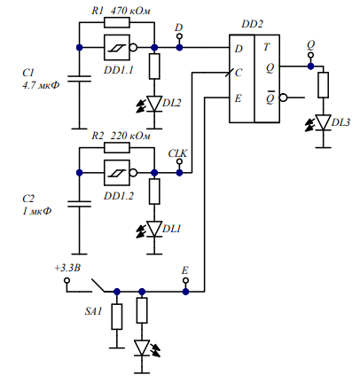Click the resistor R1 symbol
(x=117, y=22)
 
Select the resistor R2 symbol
(x=117, y=147)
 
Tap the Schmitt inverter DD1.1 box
(x=117, y=48)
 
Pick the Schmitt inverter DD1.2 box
(x=117, y=173)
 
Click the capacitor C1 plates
(x=79, y=79)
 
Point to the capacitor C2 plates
(x=79, y=204)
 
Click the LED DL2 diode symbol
(x=154, y=104)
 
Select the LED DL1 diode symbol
(x=154, y=229)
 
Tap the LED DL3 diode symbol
(x=323, y=122)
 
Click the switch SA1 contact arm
(x=98, y=285)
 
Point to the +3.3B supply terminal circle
(x=67, y=280)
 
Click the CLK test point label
(x=177, y=153)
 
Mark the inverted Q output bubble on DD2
(x=284, y=98)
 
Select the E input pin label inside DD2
(x=238, y=98)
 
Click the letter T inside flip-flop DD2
(x=267, y=47)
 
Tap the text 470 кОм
(x=130, y=11)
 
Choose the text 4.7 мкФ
(x=41, y=85)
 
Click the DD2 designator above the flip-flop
(x=252, y=24)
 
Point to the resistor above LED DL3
(x=323, y=85)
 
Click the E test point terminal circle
(x=185, y=280)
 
